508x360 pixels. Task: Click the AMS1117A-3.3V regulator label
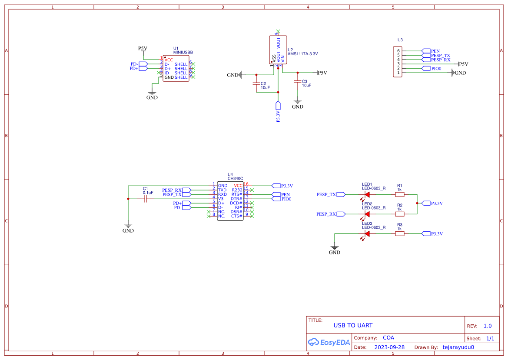(x=302, y=54)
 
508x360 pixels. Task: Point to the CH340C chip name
(x=236, y=178)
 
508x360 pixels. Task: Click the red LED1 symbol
(x=367, y=194)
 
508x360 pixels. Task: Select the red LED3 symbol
(x=367, y=233)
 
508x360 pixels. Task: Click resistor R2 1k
(x=399, y=214)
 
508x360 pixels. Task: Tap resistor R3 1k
(x=399, y=233)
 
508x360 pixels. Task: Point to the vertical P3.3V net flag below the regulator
(x=278, y=106)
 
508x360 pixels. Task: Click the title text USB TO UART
(x=353, y=325)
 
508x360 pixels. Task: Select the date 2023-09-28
(x=389, y=347)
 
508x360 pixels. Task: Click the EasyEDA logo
(x=329, y=342)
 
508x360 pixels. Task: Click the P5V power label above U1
(x=143, y=48)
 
